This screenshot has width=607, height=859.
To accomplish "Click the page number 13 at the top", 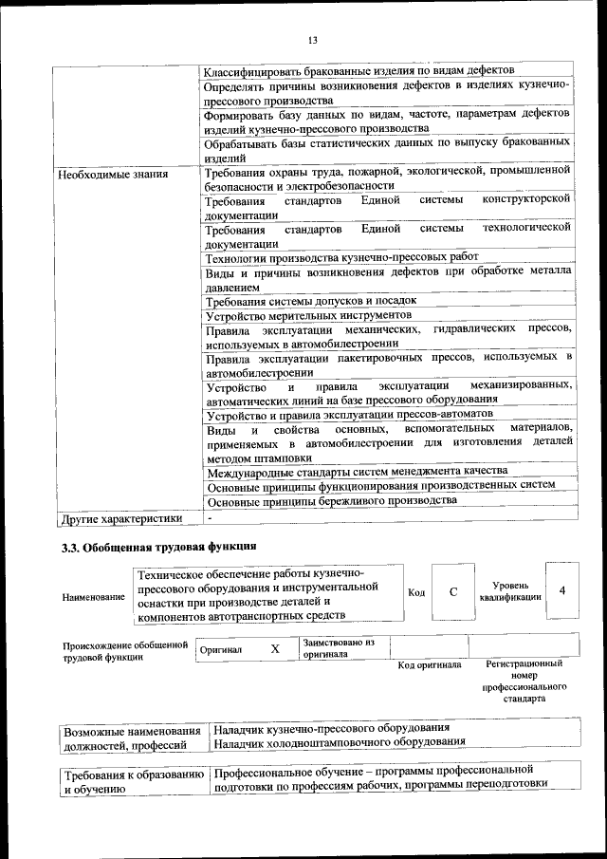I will (311, 40).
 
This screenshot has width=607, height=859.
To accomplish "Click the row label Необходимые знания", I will (113, 175).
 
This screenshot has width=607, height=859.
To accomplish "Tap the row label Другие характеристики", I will (120, 518).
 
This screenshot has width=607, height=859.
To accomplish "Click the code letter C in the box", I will (453, 591).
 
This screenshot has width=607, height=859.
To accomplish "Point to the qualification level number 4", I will (563, 590).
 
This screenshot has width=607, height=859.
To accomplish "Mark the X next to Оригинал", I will (275, 649).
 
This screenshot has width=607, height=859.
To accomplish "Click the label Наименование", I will (93, 597).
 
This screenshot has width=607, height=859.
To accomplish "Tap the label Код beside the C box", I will (416, 592).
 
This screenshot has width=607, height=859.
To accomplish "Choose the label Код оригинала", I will (429, 664).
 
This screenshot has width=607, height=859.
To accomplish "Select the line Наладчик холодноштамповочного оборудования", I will (340, 741).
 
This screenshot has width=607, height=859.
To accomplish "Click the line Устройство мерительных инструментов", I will (308, 314).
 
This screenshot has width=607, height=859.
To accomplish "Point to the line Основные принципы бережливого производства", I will (332, 500).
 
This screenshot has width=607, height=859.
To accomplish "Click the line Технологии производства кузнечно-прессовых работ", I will (342, 257).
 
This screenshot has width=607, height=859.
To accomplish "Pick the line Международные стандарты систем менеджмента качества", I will (357, 471).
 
